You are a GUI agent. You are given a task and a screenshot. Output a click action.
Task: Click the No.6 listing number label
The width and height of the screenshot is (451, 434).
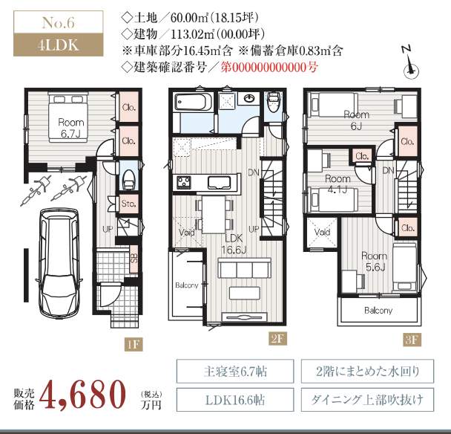[59, 22]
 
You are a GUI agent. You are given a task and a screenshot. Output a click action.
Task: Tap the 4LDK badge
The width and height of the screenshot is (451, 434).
[59, 45]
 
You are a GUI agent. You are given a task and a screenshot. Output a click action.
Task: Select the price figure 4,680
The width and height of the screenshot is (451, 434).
[82, 394]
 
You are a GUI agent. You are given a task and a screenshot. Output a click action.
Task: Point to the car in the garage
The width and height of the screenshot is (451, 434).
[59, 263]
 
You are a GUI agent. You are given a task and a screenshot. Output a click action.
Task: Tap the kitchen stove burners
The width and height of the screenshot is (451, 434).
[184, 182]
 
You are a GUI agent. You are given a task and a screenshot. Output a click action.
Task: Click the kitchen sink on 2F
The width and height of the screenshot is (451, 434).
[219, 183]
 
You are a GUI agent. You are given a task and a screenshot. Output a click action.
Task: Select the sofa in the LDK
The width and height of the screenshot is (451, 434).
[245, 268]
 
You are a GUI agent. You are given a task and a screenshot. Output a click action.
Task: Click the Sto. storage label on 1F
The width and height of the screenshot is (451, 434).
[128, 204]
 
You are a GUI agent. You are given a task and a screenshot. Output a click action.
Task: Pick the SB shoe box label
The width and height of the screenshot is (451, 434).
[134, 258]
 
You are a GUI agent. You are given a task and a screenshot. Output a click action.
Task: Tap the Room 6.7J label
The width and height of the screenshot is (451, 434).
[70, 128]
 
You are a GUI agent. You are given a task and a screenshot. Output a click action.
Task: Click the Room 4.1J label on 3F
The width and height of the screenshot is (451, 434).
[338, 184]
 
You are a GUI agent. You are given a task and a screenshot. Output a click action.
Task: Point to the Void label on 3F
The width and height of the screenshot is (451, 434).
[322, 232]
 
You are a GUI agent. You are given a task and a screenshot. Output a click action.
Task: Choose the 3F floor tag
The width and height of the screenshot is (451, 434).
[412, 340]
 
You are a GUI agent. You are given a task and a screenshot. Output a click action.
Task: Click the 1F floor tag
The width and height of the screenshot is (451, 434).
[134, 344]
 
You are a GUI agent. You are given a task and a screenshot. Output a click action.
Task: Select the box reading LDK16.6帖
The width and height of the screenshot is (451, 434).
[235, 400]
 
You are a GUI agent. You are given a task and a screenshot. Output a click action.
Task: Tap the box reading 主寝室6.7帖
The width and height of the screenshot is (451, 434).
[235, 371]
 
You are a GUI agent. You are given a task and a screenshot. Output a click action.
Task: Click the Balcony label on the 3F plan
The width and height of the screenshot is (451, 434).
[378, 311]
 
